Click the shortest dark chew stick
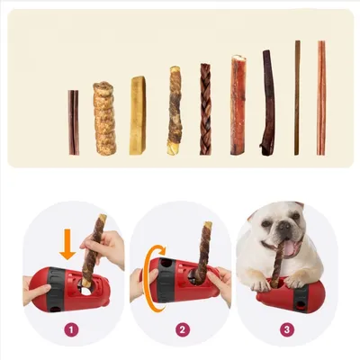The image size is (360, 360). click(x=74, y=122)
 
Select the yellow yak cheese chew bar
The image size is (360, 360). click(x=137, y=116)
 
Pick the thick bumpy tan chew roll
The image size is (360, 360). click(x=104, y=119)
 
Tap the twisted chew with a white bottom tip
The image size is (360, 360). click(x=174, y=111)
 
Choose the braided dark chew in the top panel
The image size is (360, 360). click(x=205, y=109)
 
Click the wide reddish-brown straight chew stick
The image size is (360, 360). click(x=238, y=105)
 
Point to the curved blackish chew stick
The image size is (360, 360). click(x=267, y=103)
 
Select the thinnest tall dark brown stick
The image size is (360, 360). click(x=297, y=97)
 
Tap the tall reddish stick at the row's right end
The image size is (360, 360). click(x=320, y=97)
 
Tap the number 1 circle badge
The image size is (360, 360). click(x=71, y=329)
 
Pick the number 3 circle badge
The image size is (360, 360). click(x=287, y=329)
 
